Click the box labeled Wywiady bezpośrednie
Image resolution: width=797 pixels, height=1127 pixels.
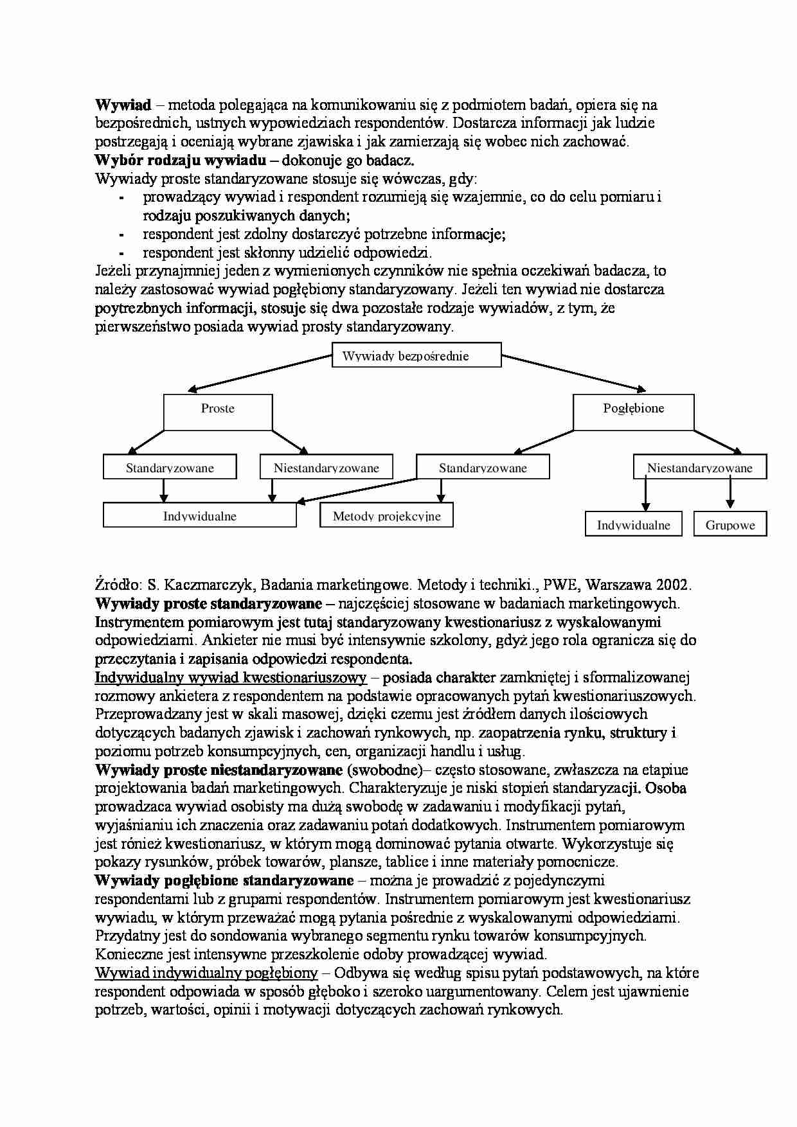tap(416, 355)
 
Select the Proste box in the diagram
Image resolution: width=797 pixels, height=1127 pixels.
tap(218, 412)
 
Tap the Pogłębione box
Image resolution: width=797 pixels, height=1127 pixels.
tap(633, 412)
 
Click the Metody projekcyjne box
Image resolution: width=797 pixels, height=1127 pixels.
tap(386, 515)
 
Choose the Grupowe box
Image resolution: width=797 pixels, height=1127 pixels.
tap(730, 524)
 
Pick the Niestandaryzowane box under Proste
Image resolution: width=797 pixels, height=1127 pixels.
tap(326, 467)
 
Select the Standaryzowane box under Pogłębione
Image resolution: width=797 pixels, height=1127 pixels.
tap(483, 467)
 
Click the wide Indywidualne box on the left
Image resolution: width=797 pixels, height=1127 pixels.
tap(199, 515)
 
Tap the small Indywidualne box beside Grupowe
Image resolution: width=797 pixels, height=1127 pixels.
tap(633, 524)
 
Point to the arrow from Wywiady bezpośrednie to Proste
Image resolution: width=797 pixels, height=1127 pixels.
tap(260, 373)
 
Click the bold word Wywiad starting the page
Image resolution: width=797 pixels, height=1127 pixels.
tap(123, 105)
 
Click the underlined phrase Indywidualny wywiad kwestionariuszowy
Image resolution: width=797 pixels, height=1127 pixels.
tap(230, 677)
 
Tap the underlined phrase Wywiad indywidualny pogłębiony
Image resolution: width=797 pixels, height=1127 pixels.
tap(206, 973)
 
